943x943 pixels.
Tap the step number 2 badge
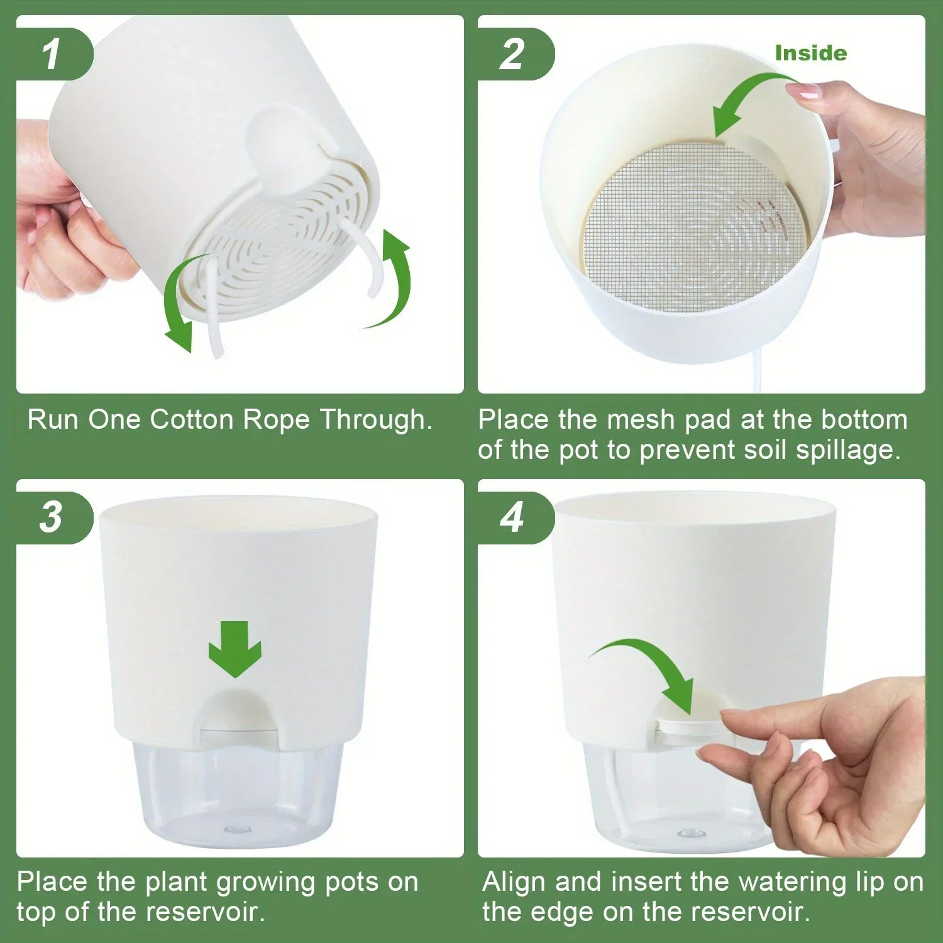tap(513, 54)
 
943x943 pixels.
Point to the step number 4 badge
tap(513, 517)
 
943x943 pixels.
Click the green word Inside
tap(810, 53)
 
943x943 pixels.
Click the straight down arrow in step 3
tap(235, 649)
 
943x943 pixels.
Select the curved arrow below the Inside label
tap(748, 101)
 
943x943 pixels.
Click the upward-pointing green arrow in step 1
tap(393, 277)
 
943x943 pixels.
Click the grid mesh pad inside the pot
tap(692, 226)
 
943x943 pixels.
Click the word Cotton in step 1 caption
tap(192, 420)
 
